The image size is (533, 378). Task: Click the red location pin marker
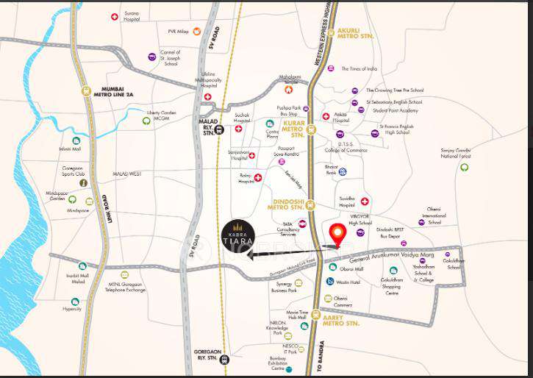click(337, 233)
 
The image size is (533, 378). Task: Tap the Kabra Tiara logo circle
click(240, 236)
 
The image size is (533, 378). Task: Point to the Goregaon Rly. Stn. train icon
click(224, 360)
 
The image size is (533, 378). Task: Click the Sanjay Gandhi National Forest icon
click(465, 167)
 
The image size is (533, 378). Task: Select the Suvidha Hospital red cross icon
click(365, 200)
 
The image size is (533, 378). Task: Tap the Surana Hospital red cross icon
click(115, 17)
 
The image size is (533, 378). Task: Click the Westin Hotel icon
click(330, 282)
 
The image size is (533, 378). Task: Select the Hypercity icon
click(75, 302)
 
